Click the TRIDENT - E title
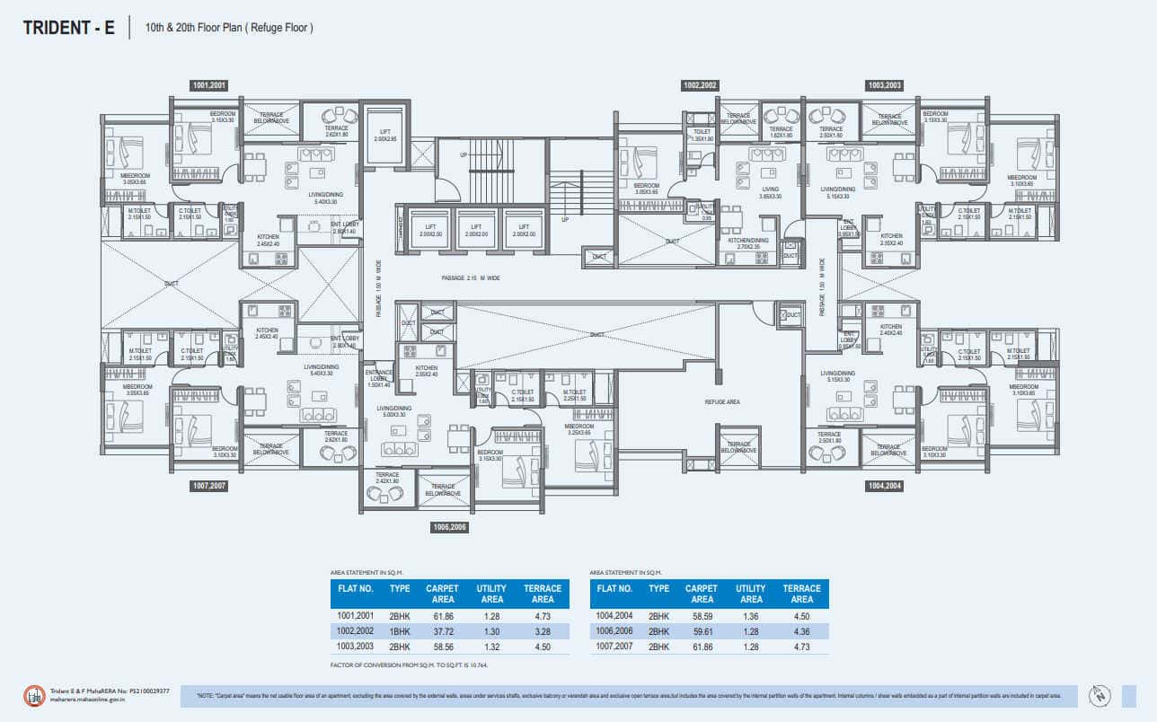pos(69,28)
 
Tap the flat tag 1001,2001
pos(208,85)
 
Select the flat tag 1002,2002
pos(700,85)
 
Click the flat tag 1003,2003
pos(884,85)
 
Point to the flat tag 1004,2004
pos(884,486)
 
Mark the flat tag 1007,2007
pos(208,486)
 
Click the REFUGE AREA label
pos(721,402)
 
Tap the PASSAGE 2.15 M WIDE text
pos(471,278)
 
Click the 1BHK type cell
pos(400,631)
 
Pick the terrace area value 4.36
pos(801,631)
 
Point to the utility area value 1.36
pos(751,616)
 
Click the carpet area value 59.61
pos(702,631)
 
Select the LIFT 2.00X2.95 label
pos(384,136)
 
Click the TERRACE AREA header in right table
pos(801,594)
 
